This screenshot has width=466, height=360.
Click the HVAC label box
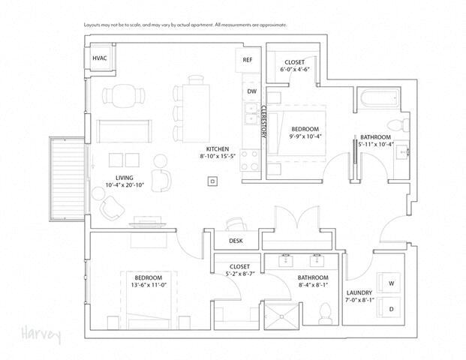click(100, 58)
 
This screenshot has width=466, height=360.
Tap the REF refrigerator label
click(248, 60)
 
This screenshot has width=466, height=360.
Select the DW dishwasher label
click(251, 91)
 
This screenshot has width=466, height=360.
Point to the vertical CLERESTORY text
click(263, 122)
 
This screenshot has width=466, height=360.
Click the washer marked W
click(389, 282)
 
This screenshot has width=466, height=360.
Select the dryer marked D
click(389, 308)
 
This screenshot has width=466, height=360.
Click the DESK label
click(235, 241)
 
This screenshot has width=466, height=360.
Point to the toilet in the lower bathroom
click(326, 313)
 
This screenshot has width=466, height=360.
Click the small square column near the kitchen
click(214, 181)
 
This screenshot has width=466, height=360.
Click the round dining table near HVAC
click(122, 95)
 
